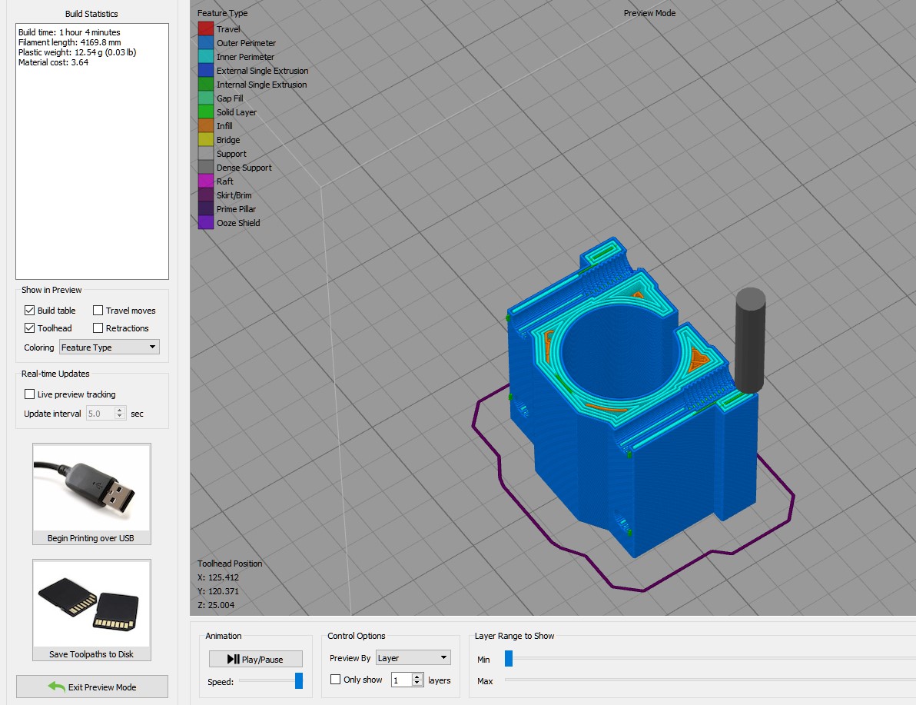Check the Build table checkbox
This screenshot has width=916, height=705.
30,311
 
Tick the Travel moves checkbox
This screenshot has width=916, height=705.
98,311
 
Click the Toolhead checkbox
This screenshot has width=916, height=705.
30,328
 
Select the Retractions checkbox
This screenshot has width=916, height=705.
98,328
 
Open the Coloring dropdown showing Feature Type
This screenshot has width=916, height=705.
109,348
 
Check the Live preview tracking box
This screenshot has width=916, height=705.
30,394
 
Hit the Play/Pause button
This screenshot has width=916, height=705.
256,659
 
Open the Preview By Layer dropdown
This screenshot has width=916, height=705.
412,658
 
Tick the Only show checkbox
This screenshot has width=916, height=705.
336,680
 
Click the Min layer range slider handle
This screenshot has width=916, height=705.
508,658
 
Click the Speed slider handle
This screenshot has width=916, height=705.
299,681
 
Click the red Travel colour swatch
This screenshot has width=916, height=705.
205,29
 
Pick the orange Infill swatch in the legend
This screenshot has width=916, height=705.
205,126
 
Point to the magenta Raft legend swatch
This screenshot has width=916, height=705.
205,181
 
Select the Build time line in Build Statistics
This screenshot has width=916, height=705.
69,33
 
